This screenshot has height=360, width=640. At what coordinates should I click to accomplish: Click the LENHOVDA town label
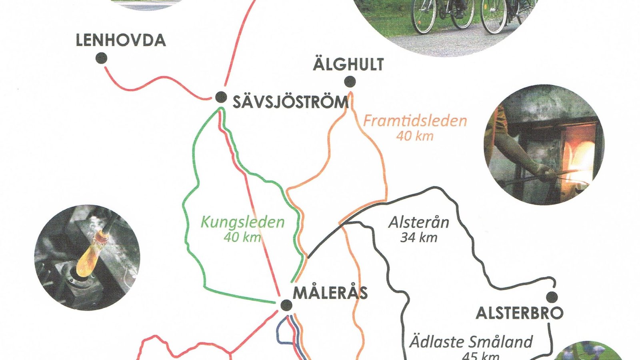click(121, 41)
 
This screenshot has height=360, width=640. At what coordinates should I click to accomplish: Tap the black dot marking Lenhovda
click(102, 58)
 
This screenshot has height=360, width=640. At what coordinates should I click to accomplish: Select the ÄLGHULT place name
click(348, 64)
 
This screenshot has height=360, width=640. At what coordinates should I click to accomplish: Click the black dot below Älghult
click(350, 82)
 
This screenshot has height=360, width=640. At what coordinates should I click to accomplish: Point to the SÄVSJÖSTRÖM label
click(291, 102)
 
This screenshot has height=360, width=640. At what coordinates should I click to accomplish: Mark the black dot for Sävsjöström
click(220, 97)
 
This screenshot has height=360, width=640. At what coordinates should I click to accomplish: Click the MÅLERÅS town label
click(330, 293)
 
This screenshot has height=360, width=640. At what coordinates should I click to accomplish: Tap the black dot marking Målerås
click(286, 306)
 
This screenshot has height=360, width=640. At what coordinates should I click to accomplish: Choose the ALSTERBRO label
click(519, 313)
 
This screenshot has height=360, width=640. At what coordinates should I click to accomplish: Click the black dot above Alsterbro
click(552, 297)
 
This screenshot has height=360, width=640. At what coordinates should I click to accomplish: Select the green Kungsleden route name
click(242, 222)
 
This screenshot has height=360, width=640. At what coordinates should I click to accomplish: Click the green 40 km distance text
click(242, 238)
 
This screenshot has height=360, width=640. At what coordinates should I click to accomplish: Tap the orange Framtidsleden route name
click(415, 121)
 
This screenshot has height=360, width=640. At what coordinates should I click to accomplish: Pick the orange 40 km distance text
click(415, 136)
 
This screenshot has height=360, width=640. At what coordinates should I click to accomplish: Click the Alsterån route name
click(419, 222)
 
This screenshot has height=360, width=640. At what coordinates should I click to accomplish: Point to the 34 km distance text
click(419, 238)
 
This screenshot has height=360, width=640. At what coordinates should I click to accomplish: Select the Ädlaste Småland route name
click(471, 342)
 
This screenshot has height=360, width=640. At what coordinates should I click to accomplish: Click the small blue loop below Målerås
click(282, 332)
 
